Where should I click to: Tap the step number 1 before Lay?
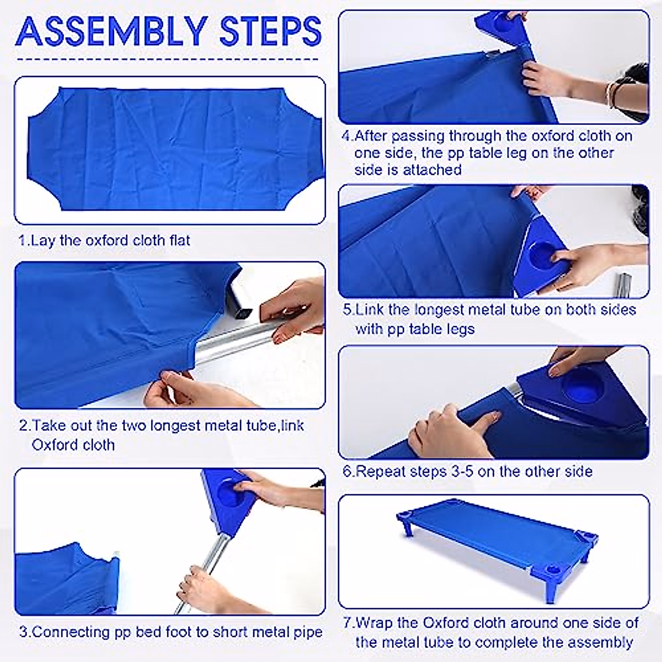23,241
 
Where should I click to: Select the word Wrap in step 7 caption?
372,623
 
